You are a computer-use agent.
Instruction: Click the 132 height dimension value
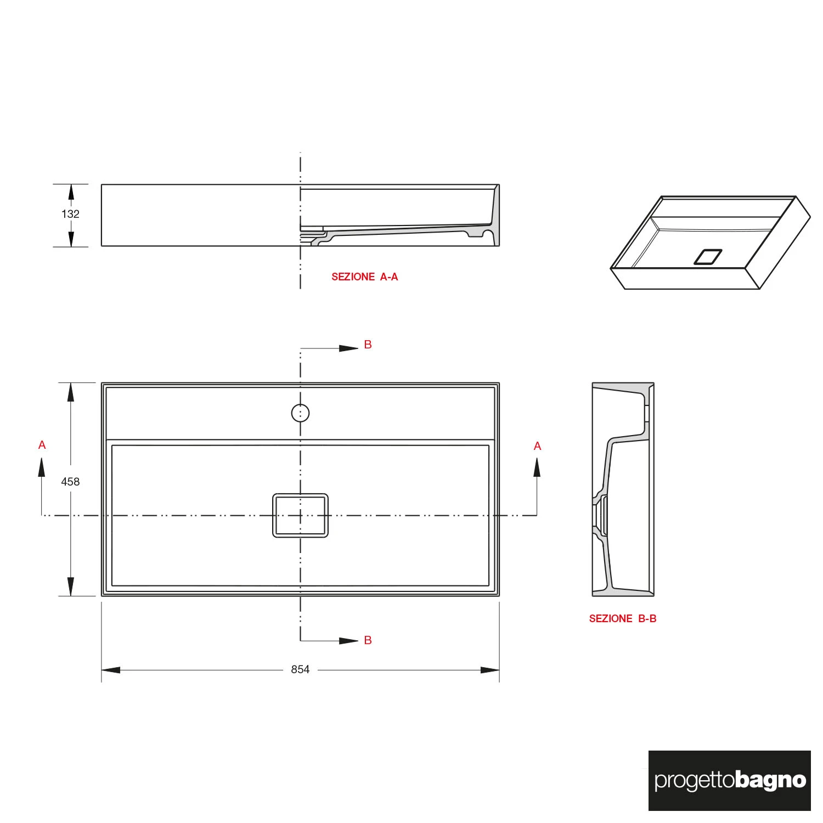click(x=70, y=214)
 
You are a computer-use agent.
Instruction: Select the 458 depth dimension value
click(x=70, y=482)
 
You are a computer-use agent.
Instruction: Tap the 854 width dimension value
click(x=300, y=669)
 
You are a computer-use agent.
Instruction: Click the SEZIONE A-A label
click(x=364, y=277)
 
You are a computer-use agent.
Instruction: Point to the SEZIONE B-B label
click(x=623, y=618)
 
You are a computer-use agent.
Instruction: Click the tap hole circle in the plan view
click(x=300, y=413)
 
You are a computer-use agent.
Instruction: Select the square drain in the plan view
click(x=300, y=515)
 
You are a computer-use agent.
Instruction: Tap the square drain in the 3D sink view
click(x=708, y=257)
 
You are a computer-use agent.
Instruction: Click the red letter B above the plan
click(x=368, y=345)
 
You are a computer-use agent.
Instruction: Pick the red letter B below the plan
click(x=368, y=640)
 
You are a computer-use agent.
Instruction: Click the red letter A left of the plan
click(x=42, y=445)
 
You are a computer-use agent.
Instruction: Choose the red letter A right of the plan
click(x=537, y=446)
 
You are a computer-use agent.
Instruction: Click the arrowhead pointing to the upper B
click(x=349, y=348)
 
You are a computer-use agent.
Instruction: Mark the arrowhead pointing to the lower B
click(x=349, y=640)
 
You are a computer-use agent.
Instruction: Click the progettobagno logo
click(x=730, y=780)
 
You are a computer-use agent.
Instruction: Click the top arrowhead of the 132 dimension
click(x=70, y=192)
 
